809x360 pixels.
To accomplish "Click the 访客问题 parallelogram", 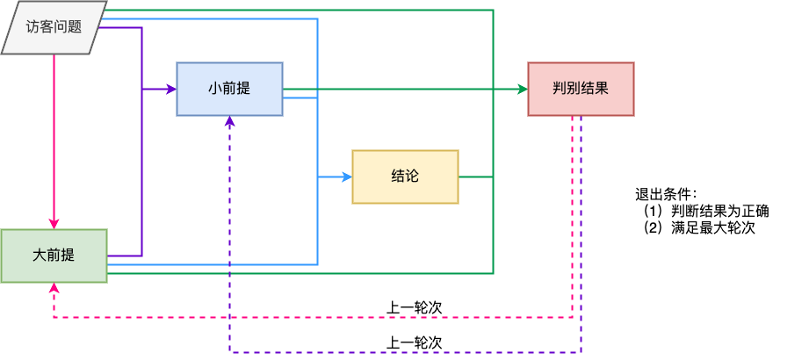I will click(x=54, y=27).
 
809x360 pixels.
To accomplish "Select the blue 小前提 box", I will click(x=229, y=89).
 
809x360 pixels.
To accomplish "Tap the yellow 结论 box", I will click(x=405, y=176).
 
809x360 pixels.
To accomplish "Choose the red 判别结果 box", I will click(x=581, y=89).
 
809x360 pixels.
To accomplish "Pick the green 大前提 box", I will click(x=54, y=256).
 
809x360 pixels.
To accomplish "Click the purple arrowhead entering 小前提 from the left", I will click(x=170, y=89).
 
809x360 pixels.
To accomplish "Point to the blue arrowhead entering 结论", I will click(x=346, y=176).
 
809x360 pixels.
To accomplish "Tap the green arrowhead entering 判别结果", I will click(x=522, y=89).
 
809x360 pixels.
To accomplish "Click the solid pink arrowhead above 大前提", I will click(x=54, y=223).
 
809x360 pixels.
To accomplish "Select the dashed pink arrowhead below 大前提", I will click(x=54, y=289).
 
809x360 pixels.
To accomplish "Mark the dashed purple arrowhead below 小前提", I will click(x=229, y=122).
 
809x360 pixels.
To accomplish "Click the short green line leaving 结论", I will click(x=475, y=176).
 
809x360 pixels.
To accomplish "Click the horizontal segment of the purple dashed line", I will click(x=404, y=352).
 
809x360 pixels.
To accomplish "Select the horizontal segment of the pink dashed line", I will click(x=316, y=317).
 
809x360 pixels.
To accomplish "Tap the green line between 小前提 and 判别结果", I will click(x=395, y=89).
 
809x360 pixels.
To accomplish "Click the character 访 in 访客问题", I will click(x=33, y=27).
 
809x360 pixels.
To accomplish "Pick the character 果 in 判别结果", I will click(x=602, y=89).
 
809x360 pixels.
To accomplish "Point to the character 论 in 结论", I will click(x=412, y=176).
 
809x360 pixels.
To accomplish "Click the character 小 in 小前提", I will click(x=214, y=89).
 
